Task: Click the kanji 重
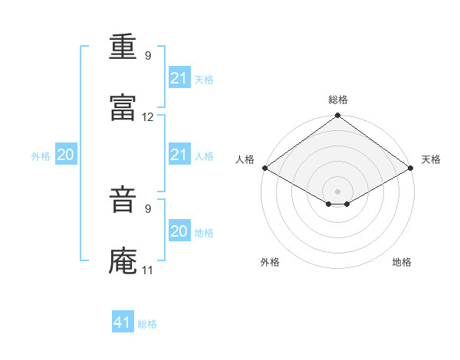(x=123, y=47)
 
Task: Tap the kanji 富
(x=123, y=108)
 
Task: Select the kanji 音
(x=123, y=201)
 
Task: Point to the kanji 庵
(x=123, y=261)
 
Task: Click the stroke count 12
(x=148, y=117)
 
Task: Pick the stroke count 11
(x=148, y=270)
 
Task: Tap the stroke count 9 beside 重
(x=148, y=56)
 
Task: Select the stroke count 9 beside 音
(x=148, y=208)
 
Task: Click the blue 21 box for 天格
(x=179, y=78)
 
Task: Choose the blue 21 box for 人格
(x=179, y=155)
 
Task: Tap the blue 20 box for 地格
(x=179, y=231)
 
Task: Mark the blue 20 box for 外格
(x=65, y=155)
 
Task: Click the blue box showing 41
(x=123, y=322)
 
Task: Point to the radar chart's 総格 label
(x=338, y=100)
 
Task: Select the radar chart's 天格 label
(x=431, y=159)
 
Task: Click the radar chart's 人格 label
(x=245, y=159)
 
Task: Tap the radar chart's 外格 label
(x=270, y=262)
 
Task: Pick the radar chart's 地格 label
(x=402, y=262)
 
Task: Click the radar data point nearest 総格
(x=338, y=116)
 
